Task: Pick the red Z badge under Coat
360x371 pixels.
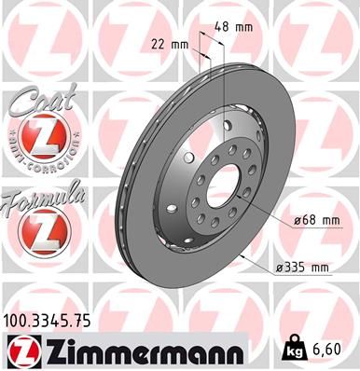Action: [x=41, y=139]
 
